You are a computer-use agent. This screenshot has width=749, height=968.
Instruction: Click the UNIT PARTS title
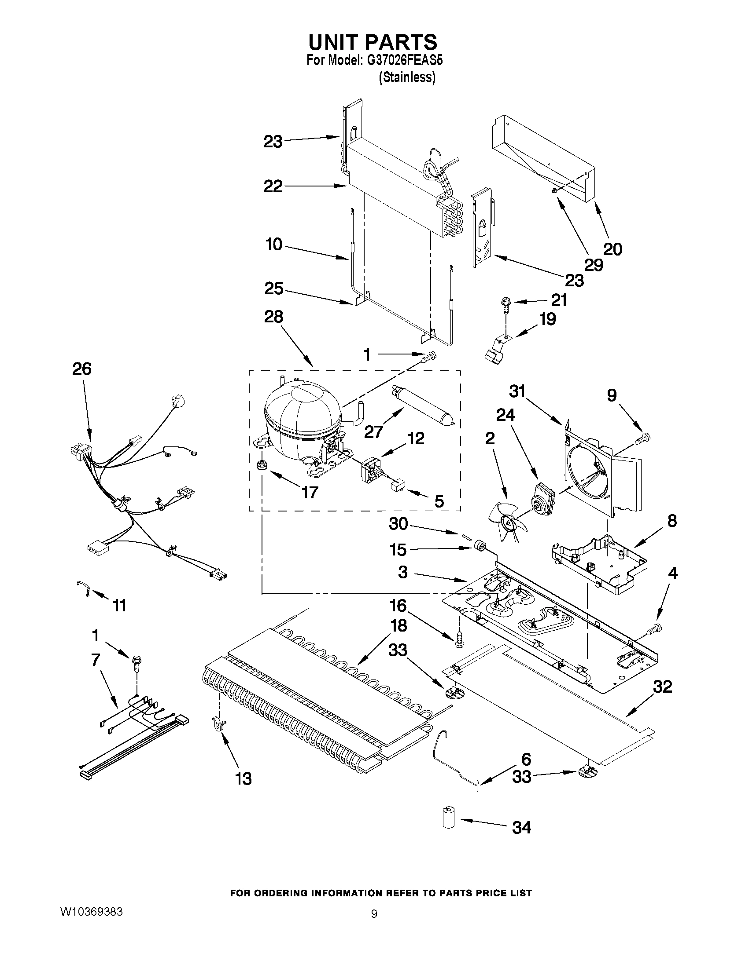tap(373, 42)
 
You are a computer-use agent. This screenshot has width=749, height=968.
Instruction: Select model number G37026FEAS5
tap(403, 61)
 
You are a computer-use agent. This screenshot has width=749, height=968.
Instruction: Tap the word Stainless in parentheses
tap(407, 77)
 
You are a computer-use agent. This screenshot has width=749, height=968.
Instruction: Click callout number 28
tap(273, 317)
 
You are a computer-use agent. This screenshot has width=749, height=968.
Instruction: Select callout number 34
tap(521, 828)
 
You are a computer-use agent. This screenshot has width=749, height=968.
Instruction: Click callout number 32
tap(662, 687)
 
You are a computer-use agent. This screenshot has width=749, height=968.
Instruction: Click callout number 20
tap(612, 249)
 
